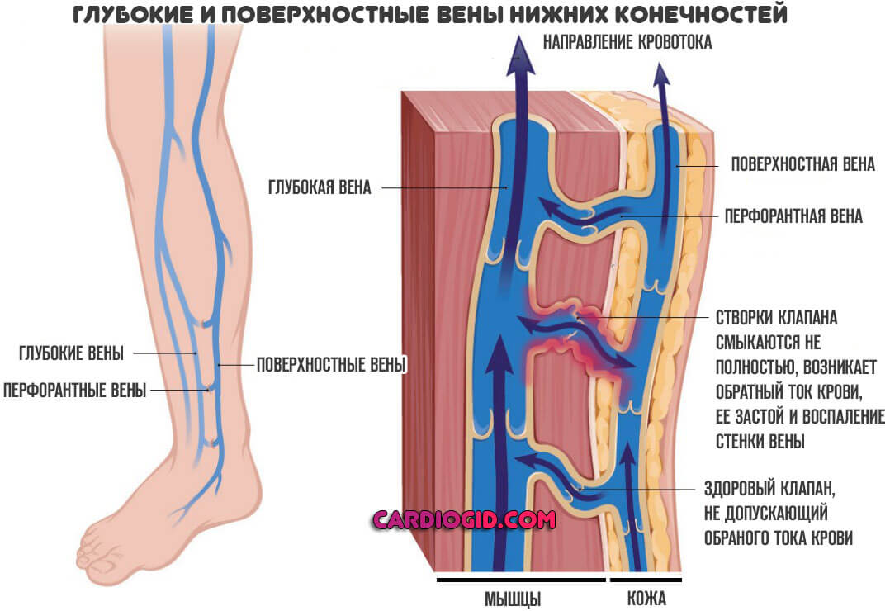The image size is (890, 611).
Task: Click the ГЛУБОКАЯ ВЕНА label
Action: pyautogui.click(x=319, y=188)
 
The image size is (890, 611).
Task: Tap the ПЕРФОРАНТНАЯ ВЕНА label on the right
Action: pyautogui.click(x=793, y=216)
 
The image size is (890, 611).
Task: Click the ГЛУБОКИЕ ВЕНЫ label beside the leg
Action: pyautogui.click(x=71, y=353)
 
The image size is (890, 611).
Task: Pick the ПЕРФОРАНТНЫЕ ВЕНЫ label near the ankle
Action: pyautogui.click(x=74, y=390)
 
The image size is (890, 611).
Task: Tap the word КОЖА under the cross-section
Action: pyautogui.click(x=646, y=598)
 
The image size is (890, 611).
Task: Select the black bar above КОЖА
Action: pyautogui.click(x=646, y=579)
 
